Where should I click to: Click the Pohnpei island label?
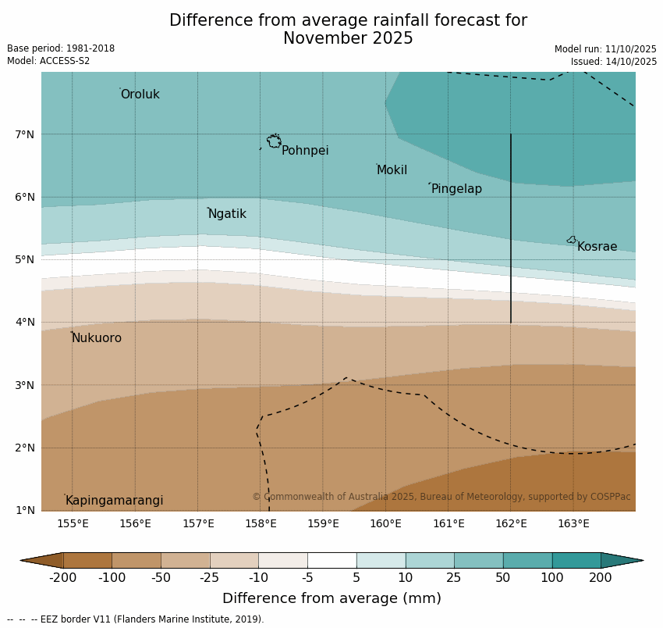305,151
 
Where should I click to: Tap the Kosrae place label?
597,247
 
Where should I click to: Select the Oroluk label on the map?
140,95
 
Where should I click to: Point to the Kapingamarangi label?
115,501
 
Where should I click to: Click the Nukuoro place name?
97,338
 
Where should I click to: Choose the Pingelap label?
456,189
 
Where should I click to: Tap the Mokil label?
392,170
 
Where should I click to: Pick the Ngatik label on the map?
227,214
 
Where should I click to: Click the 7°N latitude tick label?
25,134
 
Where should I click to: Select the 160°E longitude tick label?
385,523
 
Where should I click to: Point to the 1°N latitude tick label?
25,510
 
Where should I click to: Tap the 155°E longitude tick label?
73,523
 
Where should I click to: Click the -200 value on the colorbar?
62,578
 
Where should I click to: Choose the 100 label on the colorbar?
552,578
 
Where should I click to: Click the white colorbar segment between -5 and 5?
331,560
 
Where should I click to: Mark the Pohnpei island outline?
274,141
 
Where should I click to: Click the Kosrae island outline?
572,240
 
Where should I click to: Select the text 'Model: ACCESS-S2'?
48,61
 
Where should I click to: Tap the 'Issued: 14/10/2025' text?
614,62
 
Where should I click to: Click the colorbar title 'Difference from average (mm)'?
331,598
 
